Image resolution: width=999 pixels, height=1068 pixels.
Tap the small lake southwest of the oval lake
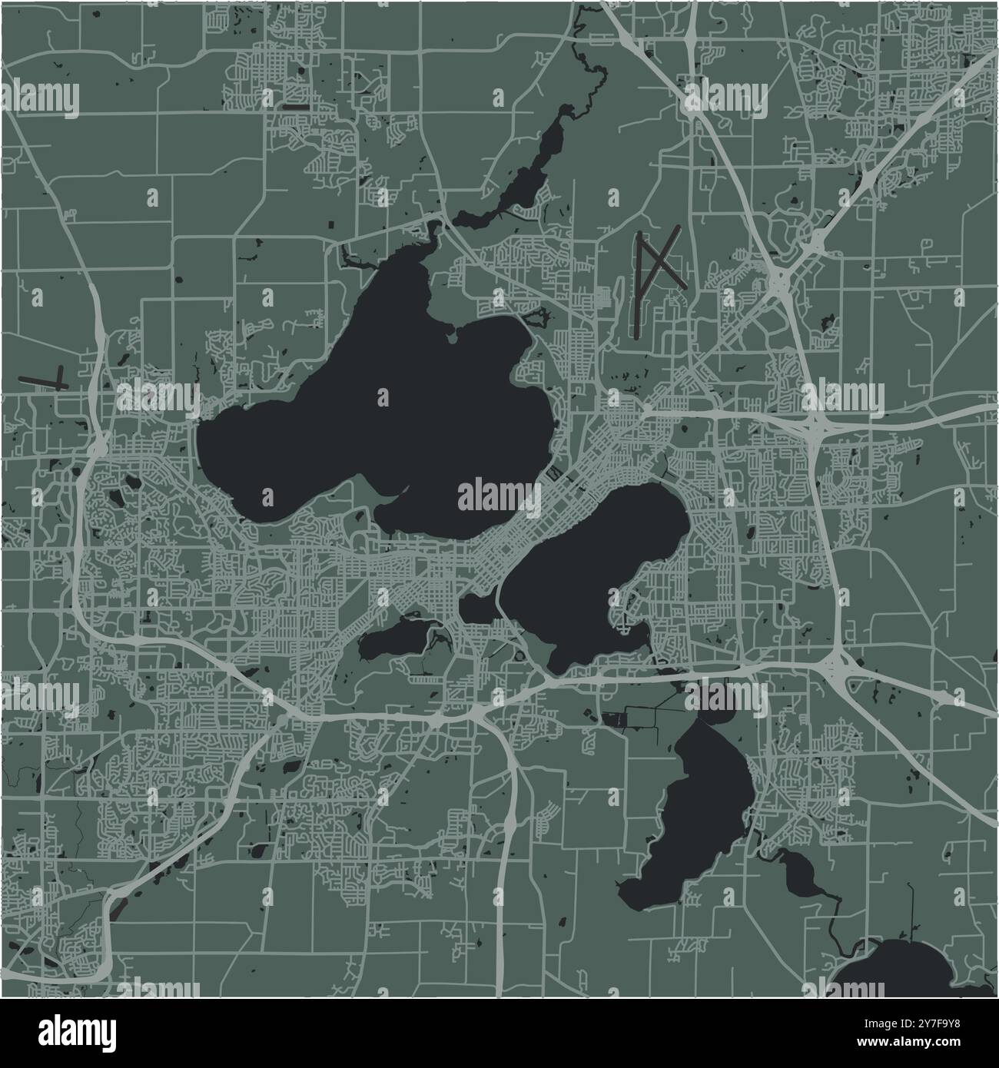392,638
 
